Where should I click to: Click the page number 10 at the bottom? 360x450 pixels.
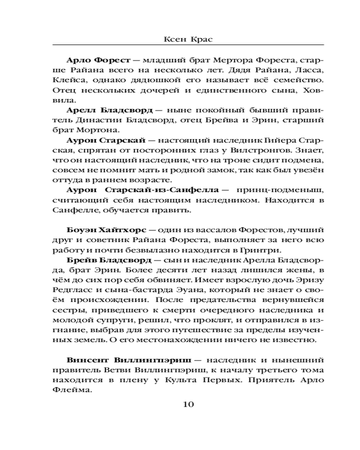pyautogui.click(x=188, y=404)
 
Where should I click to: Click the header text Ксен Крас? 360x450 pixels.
pyautogui.click(x=188, y=39)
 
